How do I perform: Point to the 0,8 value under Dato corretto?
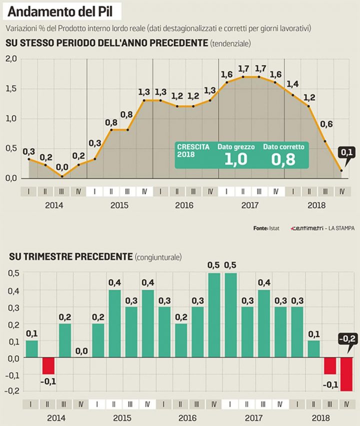click(283, 159)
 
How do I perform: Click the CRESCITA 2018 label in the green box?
click(191, 150)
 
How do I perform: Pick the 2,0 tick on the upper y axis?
click(10, 59)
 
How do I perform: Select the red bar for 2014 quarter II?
click(48, 366)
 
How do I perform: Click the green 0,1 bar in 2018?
click(313, 349)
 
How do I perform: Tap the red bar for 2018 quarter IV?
click(346, 374)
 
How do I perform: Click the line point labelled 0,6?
click(325, 141)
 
